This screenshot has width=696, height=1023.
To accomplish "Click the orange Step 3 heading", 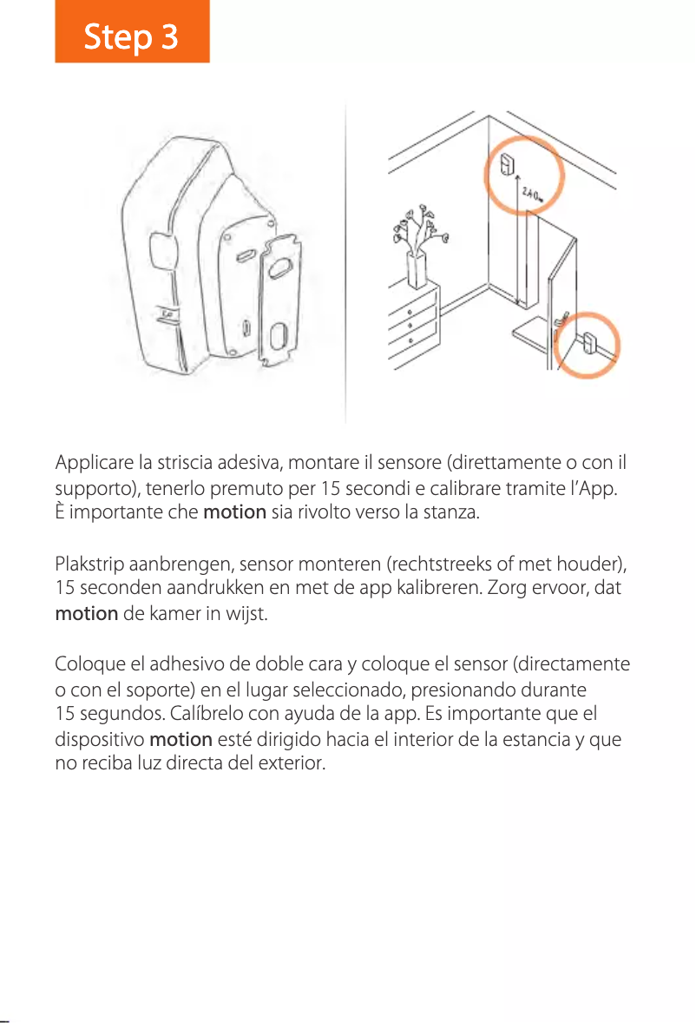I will tap(132, 36).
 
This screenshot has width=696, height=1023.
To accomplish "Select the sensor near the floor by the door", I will tap(588, 344).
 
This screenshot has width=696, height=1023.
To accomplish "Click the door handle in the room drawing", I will tap(565, 319).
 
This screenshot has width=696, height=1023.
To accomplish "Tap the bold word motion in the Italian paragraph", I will tap(234, 511).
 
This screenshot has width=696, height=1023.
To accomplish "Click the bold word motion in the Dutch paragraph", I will tap(87, 614).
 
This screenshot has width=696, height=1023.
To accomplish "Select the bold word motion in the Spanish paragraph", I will tap(181, 740).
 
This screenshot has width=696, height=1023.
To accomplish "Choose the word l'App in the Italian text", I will tap(593, 486).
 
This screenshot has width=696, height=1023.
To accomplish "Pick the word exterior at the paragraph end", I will tap(295, 764).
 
